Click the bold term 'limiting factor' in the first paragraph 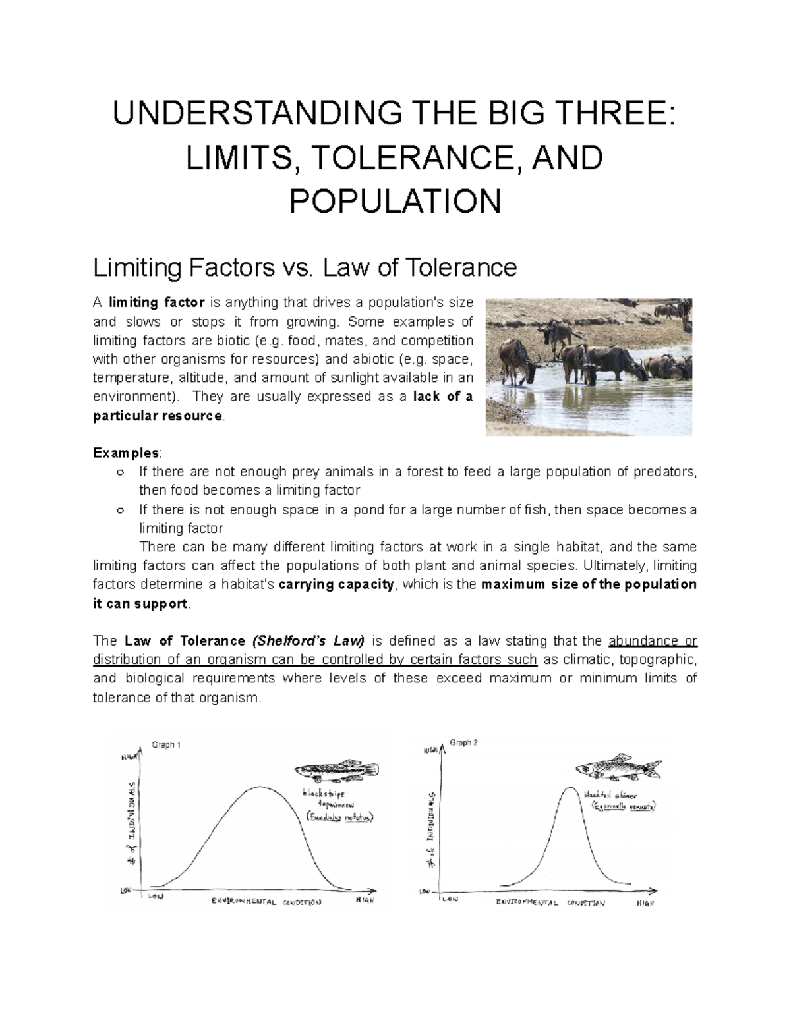click(x=156, y=303)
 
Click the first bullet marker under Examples click(x=119, y=472)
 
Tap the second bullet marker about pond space click(x=119, y=511)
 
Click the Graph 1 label click(x=166, y=745)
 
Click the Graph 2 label click(x=463, y=743)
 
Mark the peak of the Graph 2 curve click(x=569, y=787)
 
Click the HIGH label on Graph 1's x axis click(x=365, y=900)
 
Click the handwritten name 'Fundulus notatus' click(x=340, y=817)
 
